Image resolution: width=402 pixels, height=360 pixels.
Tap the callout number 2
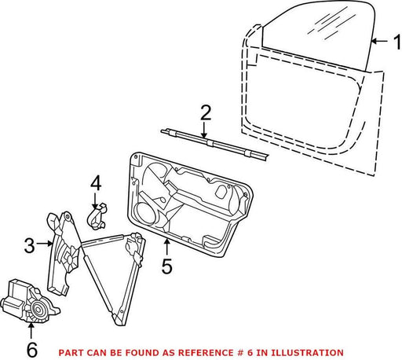tap(206, 112)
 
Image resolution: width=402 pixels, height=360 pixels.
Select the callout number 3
tap(29, 245)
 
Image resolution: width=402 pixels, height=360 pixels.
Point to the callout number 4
tap(96, 183)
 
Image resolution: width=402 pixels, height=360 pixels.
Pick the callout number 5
tap(167, 266)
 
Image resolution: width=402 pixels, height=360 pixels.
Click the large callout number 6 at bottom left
tap(32, 350)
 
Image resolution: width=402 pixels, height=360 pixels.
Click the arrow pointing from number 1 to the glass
tap(379, 41)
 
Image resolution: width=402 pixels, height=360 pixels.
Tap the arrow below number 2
tap(204, 130)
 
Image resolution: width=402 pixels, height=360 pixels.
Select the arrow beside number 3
tap(45, 244)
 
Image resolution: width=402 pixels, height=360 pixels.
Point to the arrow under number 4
tap(95, 201)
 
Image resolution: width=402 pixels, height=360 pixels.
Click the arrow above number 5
tap(167, 247)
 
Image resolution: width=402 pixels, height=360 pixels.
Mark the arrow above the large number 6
tap(31, 331)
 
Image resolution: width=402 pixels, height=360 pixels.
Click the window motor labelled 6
tap(29, 301)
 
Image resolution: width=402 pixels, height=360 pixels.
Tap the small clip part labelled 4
tap(97, 215)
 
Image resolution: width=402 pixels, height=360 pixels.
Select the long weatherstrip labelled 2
tap(214, 144)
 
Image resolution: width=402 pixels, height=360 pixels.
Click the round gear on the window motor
tap(38, 310)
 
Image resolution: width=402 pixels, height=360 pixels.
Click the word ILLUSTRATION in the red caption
tap(307, 353)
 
